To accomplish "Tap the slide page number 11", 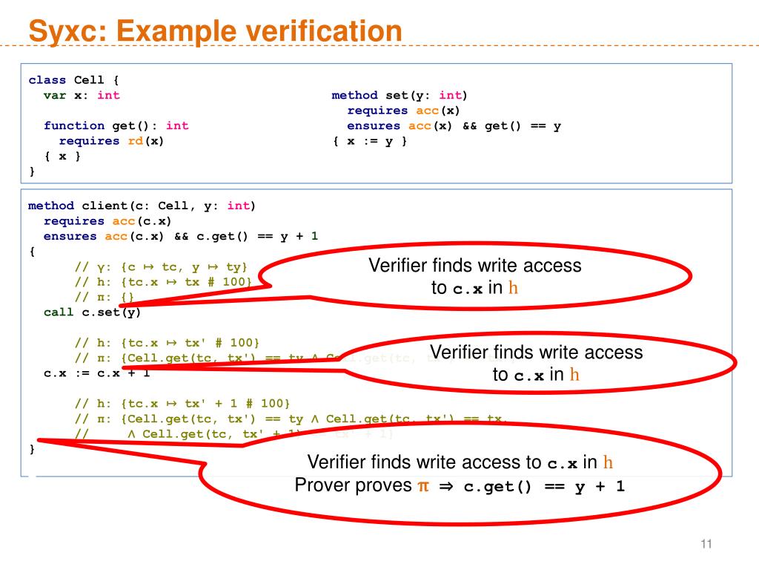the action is tap(706, 546).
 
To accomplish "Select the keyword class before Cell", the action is tap(47, 80).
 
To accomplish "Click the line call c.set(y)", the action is tap(92, 312).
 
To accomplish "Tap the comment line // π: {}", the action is tap(104, 297).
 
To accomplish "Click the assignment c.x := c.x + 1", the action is tap(96, 372).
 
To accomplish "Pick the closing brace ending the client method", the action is tap(31, 448).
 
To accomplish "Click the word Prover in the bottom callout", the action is tap(323, 486).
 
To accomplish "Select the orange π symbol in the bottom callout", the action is tap(423, 486).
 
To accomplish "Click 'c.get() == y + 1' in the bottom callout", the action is tap(544, 488).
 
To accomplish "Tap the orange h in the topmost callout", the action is tap(514, 288).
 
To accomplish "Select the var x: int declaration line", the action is tap(82, 95).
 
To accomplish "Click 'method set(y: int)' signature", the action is tap(400, 95).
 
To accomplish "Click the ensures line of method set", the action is tap(454, 125).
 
